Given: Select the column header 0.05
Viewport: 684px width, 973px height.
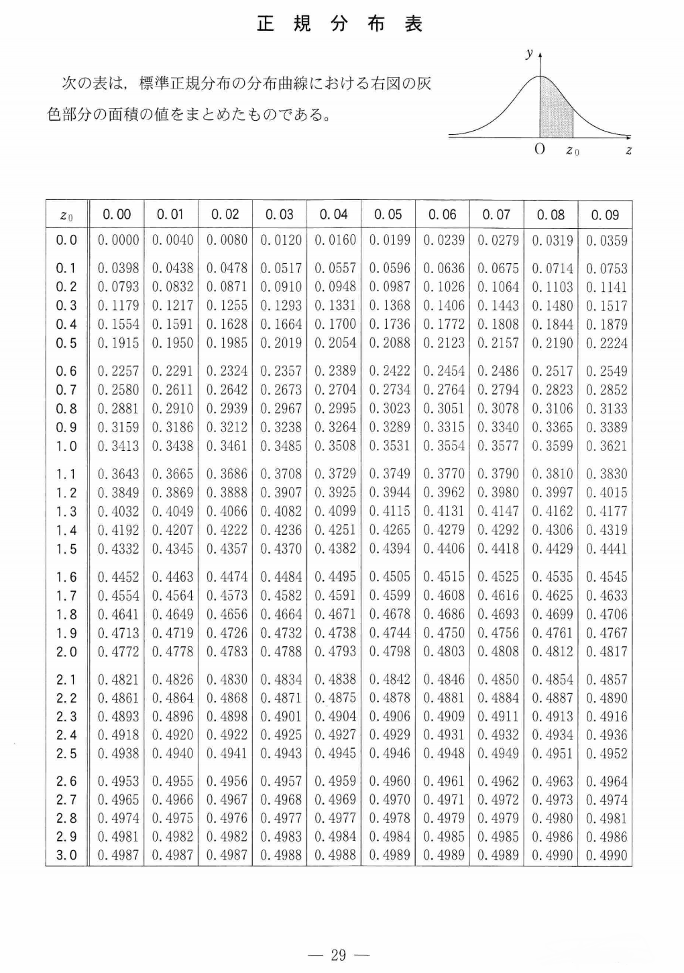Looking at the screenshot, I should click(388, 215).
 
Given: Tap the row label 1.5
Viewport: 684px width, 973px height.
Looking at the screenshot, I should click(66, 549).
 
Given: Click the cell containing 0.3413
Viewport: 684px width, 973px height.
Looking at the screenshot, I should click(119, 446).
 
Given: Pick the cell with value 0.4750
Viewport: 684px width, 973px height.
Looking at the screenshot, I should click(443, 633).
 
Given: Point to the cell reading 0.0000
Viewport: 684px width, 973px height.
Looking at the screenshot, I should click(119, 240).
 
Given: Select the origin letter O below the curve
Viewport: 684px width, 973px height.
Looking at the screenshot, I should click(539, 150).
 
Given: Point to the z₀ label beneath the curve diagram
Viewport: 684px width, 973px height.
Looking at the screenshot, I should click(572, 151).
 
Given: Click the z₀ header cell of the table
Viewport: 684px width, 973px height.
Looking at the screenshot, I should click(66, 215).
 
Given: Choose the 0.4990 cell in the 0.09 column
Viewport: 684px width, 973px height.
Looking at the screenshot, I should click(606, 856).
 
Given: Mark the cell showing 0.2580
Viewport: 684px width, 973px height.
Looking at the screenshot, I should click(119, 389).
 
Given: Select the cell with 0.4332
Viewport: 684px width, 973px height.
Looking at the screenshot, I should click(119, 549).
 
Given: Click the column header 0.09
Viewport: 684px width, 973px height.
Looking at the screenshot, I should click(605, 215).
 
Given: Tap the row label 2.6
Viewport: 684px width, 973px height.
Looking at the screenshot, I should click(66, 781).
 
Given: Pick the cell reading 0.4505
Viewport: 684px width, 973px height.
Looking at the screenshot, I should click(389, 576).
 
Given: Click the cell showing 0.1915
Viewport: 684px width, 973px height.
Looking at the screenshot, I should click(119, 343).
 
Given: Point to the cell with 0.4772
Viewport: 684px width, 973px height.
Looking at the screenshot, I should click(119, 652).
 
